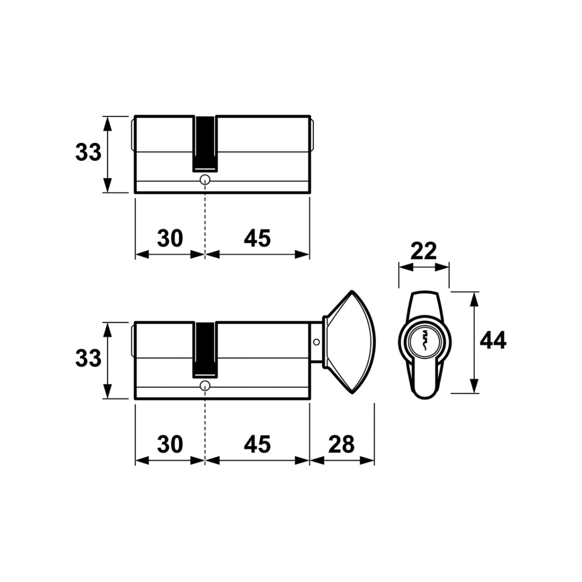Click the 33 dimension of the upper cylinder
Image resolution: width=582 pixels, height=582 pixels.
pyautogui.click(x=88, y=152)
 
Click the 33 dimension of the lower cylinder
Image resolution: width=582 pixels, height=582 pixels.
pyautogui.click(x=88, y=358)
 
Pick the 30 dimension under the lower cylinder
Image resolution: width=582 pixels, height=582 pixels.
pyautogui.click(x=170, y=444)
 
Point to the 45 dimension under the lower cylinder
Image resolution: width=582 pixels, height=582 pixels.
pyautogui.click(x=257, y=444)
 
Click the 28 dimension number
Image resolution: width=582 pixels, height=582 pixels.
pyautogui.click(x=342, y=444)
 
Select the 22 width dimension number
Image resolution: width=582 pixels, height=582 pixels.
pyautogui.click(x=424, y=251)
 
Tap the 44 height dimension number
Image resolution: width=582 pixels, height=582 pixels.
pyautogui.click(x=493, y=341)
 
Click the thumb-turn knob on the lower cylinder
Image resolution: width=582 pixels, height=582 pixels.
pyautogui.click(x=351, y=342)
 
